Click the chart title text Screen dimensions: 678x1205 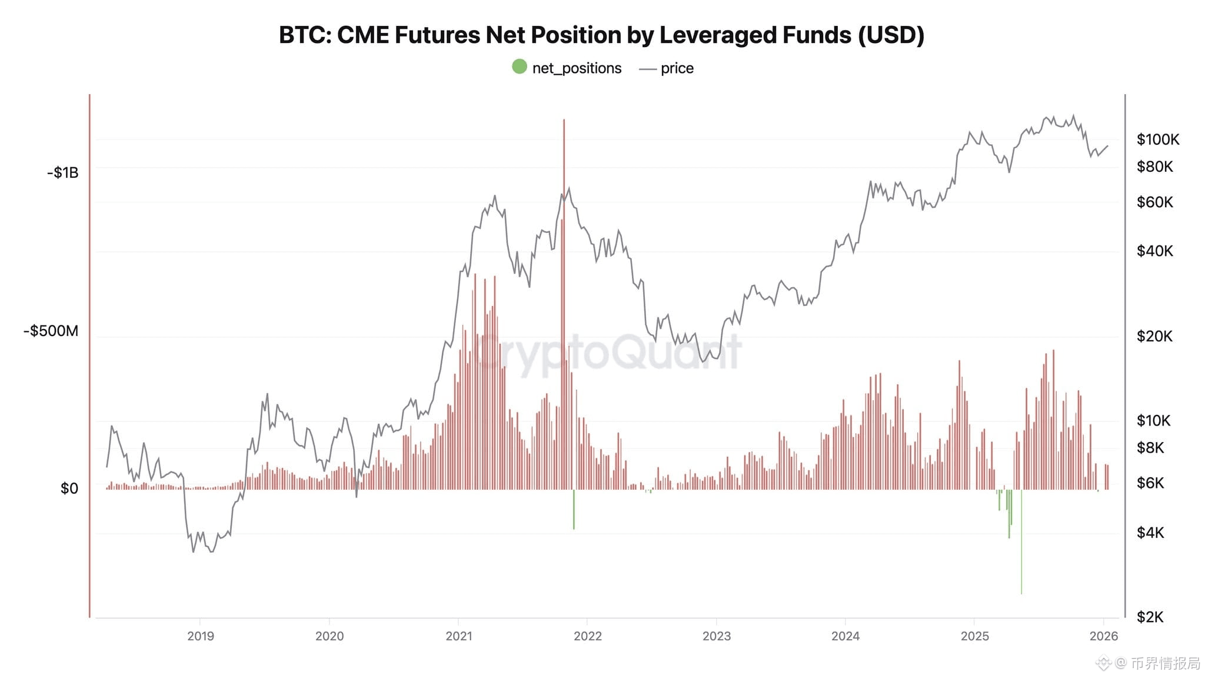tap(601, 35)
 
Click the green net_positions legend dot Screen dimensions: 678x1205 tap(519, 67)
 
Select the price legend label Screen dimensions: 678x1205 tap(677, 68)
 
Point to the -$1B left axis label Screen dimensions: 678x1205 tap(63, 172)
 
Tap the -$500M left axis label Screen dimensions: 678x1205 tap(51, 331)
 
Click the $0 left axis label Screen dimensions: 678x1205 tap(69, 488)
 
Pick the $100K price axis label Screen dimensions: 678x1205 tap(1157, 139)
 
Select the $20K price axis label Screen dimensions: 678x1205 tap(1154, 336)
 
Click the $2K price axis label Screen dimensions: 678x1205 tap(1150, 617)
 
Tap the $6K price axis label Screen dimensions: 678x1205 tap(1150, 483)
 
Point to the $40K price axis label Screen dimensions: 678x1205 tap(1154, 251)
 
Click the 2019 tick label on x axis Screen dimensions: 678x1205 tap(200, 636)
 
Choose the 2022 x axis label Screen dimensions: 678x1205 tap(587, 636)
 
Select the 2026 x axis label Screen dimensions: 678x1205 tap(1103, 636)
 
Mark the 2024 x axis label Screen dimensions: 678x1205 tap(845, 636)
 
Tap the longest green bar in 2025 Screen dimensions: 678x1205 tap(1021, 541)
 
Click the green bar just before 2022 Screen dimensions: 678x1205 tap(574, 509)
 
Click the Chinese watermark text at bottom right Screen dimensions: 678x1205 tap(1165, 663)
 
